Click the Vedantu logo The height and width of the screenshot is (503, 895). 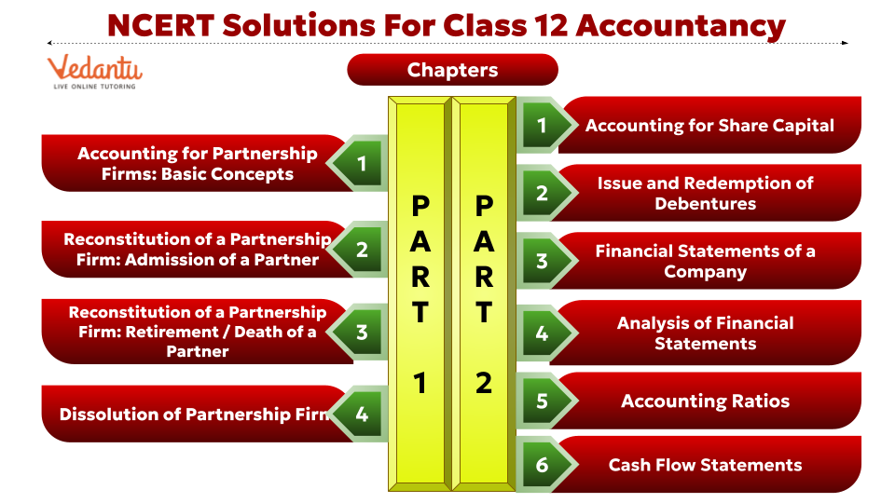pos(94,72)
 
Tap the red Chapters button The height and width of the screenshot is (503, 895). pos(452,70)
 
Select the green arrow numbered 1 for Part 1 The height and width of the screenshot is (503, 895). pos(362,165)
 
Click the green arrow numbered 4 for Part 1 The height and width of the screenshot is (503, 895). pos(362,413)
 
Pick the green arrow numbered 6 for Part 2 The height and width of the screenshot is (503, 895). pos(542,465)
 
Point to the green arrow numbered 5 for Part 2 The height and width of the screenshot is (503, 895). pos(542,401)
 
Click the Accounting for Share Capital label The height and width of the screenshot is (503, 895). pos(709,125)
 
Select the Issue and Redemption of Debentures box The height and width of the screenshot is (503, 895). pos(705,194)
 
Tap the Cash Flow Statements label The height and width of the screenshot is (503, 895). pos(705,465)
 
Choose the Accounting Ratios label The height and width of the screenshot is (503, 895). pos(705,401)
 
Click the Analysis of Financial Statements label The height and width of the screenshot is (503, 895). pos(705,333)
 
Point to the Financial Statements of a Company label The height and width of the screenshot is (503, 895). pos(705,262)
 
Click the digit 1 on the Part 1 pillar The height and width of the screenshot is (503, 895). pos(420,382)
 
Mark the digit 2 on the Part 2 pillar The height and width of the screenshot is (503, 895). pos(483,382)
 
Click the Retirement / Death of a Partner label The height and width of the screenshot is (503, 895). pos(197,332)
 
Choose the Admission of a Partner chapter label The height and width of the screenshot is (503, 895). pos(197,250)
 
